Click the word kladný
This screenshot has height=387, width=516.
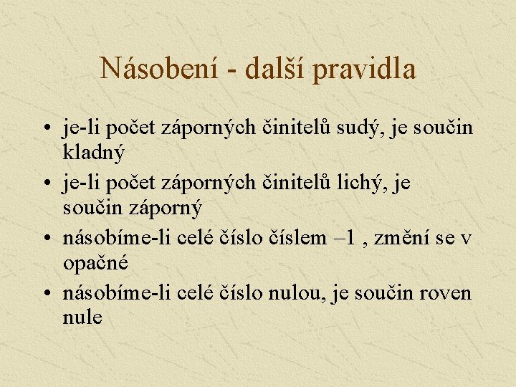(x=94, y=152)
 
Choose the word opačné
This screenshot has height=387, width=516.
(x=95, y=262)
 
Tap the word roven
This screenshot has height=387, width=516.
(x=447, y=294)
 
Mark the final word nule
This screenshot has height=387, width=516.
(x=82, y=317)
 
